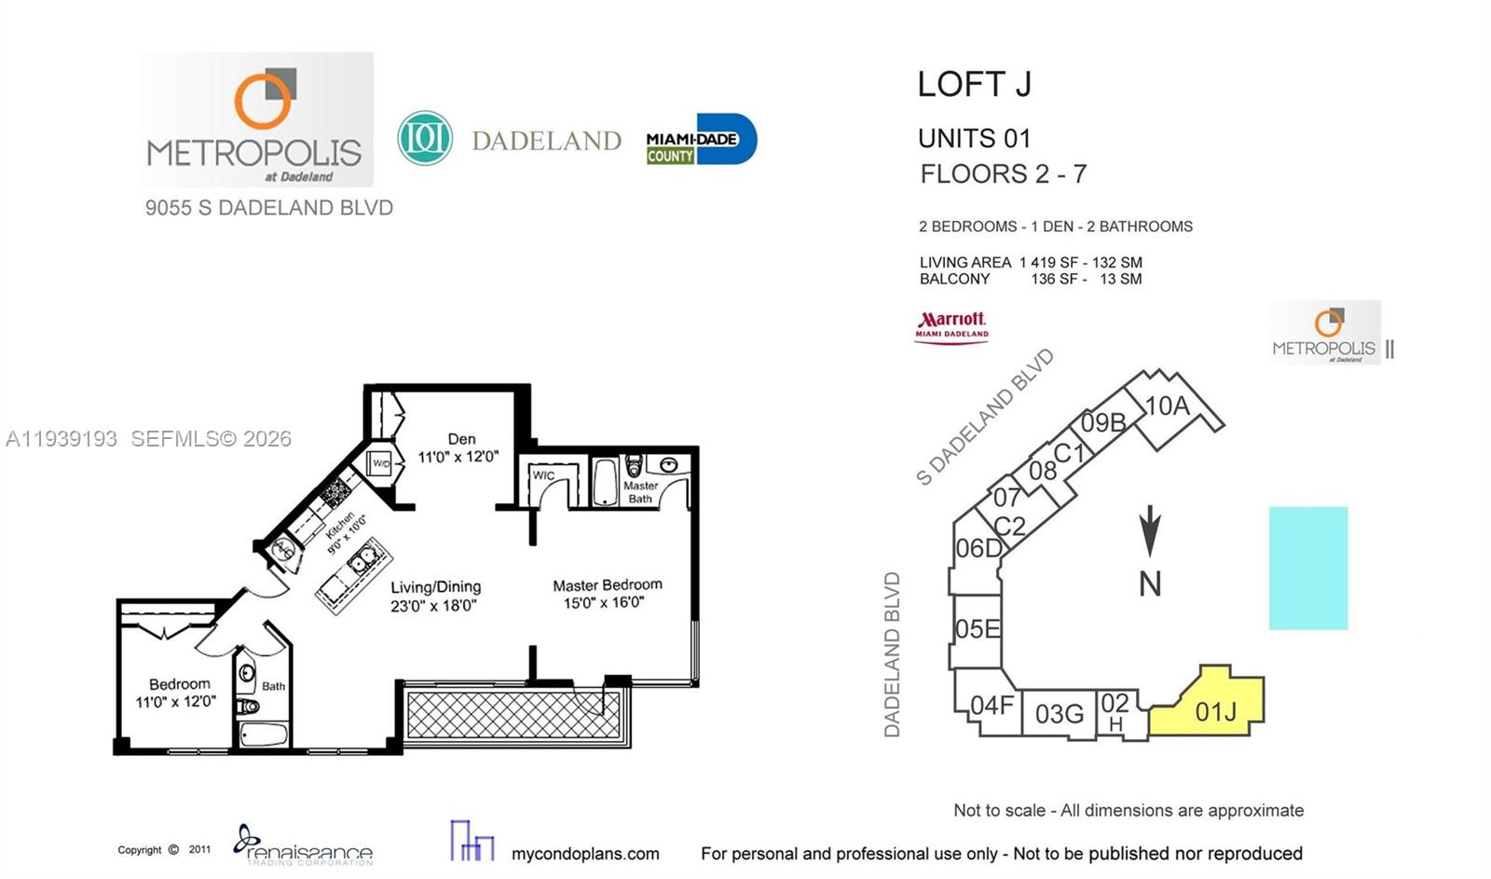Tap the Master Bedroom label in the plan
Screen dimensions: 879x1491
(x=607, y=593)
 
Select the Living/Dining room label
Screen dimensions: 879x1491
(x=435, y=596)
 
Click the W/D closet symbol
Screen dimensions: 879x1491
(x=381, y=463)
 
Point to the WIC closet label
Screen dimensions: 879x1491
(x=543, y=475)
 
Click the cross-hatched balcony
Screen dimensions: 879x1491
(x=513, y=715)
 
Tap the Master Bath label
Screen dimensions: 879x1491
(x=640, y=492)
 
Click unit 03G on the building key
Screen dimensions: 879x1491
(x=1059, y=714)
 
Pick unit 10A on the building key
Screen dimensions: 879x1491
(x=1167, y=406)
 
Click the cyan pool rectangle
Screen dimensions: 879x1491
(x=1307, y=568)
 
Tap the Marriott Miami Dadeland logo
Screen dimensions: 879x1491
(x=951, y=326)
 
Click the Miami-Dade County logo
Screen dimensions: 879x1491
(x=701, y=140)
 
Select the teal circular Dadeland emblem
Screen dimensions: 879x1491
(x=425, y=139)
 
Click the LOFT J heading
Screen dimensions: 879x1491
(x=974, y=85)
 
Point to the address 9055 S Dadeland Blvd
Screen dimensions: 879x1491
(x=268, y=208)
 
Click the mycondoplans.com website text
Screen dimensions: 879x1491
(x=584, y=853)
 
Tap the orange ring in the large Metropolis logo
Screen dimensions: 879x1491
(x=262, y=100)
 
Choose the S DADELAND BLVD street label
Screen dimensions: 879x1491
(x=985, y=417)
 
